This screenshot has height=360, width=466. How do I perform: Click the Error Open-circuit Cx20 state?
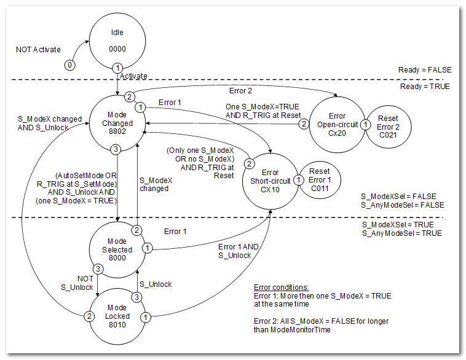pyautogui.click(x=336, y=123)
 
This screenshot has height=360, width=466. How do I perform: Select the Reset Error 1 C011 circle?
pyautogui.click(x=319, y=180)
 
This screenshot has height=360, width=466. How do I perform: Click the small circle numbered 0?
pyautogui.click(x=70, y=65)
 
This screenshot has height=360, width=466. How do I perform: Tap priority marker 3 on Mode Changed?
pyautogui.click(x=114, y=149)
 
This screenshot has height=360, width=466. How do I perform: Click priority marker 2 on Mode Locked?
pyautogui.click(x=90, y=316)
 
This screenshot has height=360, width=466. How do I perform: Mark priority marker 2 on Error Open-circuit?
pyautogui.click(x=303, y=124)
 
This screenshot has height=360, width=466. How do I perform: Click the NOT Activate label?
pyautogui.click(x=38, y=49)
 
